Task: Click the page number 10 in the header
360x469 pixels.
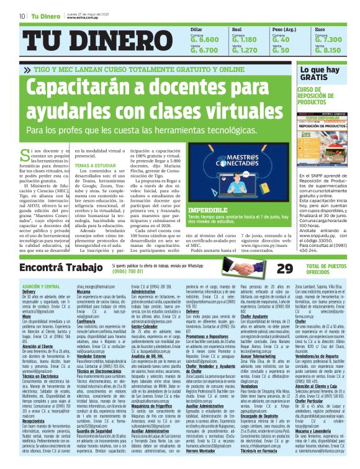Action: point(22,16)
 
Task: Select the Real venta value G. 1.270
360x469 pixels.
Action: point(243,50)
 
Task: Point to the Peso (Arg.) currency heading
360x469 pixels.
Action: point(284,30)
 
